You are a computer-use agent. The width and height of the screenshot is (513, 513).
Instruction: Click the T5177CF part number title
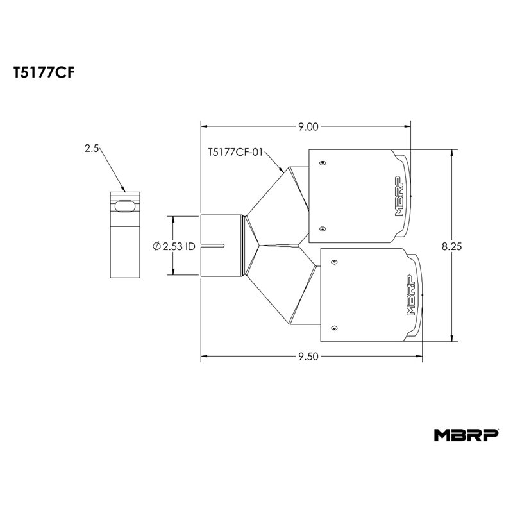(x=44, y=72)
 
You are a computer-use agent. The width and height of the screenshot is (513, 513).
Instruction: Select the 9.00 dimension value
(x=308, y=126)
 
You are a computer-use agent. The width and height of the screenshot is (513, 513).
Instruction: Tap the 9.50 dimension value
(x=308, y=357)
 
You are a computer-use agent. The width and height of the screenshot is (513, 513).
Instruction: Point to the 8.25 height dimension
(x=451, y=246)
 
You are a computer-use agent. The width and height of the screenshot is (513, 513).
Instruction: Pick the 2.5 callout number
(x=92, y=148)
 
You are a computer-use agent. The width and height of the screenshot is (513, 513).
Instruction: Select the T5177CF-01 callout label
(x=235, y=152)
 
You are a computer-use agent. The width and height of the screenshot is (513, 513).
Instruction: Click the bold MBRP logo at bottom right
(x=466, y=435)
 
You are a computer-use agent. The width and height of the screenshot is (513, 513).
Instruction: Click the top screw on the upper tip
(x=323, y=163)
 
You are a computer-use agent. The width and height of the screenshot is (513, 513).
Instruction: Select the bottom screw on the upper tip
(x=323, y=229)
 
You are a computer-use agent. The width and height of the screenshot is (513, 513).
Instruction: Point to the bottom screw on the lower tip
(x=334, y=328)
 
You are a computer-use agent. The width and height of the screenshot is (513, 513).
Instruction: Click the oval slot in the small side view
(x=124, y=206)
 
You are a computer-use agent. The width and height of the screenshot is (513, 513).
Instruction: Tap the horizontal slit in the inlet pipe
(x=213, y=246)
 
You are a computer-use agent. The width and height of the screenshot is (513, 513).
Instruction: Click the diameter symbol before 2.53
(x=156, y=246)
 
